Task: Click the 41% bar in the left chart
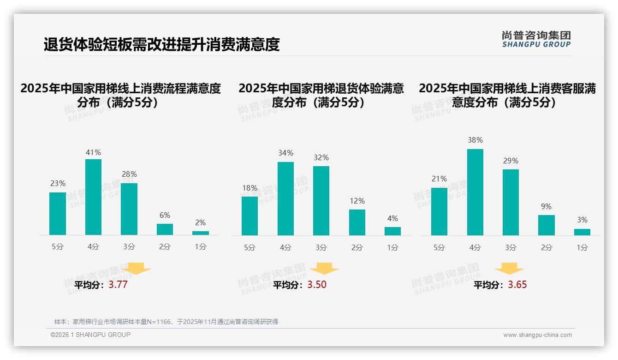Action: tap(93, 197)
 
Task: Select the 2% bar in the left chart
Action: tap(201, 233)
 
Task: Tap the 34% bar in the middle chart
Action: tap(285, 198)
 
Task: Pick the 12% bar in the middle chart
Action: tap(357, 222)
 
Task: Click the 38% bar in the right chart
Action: tap(475, 192)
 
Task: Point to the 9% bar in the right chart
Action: tap(547, 225)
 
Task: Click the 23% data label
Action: tap(58, 183)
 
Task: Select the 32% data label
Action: tap(321, 157)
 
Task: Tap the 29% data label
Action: tap(511, 161)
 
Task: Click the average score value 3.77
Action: tap(118, 285)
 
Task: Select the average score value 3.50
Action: tap(317, 285)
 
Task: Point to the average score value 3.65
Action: tap(517, 285)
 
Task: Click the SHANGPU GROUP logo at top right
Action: tap(536, 39)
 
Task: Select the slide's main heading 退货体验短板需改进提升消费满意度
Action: tap(162, 44)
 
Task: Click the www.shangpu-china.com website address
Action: tap(537, 335)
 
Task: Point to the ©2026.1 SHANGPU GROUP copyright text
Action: tap(90, 335)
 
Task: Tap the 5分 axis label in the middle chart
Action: tap(250, 247)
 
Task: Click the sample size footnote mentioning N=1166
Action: tap(166, 322)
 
